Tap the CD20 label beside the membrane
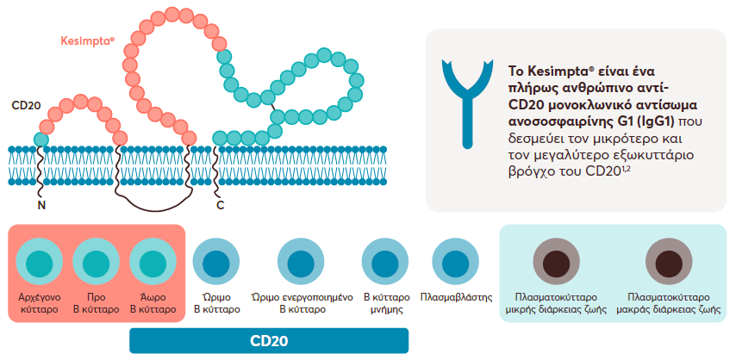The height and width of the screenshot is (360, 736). click(27, 105)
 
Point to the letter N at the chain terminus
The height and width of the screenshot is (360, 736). click(41, 206)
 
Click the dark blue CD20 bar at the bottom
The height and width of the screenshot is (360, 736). click(268, 340)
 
